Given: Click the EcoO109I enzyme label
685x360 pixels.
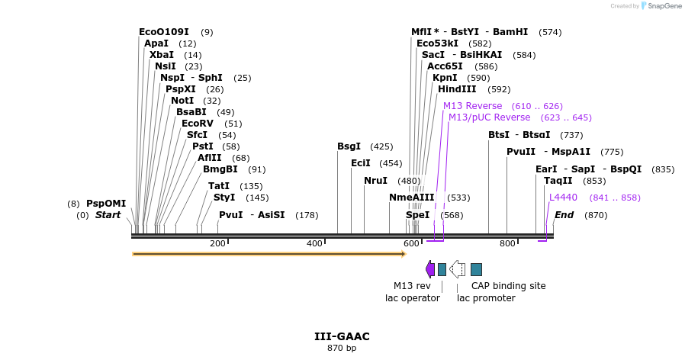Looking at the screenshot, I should [164, 32].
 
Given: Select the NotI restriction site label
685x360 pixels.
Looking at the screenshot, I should [182, 101].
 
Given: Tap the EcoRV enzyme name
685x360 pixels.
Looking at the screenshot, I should [197, 124].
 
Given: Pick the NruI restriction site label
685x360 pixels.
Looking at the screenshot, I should [375, 181].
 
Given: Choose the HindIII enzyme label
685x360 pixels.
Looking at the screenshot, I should [457, 89].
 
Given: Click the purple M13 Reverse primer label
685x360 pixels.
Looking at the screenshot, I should [472, 106].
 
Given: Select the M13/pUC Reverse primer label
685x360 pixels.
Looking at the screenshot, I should [489, 117].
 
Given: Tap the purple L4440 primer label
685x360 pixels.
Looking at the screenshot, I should [563, 198].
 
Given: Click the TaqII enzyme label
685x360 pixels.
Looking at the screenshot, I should [558, 181].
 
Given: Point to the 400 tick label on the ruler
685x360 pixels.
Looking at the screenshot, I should [314, 244].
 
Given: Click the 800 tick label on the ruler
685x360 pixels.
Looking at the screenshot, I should [507, 244].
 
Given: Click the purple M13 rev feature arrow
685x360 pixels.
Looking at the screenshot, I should [430, 269].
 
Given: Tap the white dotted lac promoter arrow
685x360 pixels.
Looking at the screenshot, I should [457, 269].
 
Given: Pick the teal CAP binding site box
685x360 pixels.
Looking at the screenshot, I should [476, 269].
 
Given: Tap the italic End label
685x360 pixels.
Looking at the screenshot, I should [564, 215].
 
